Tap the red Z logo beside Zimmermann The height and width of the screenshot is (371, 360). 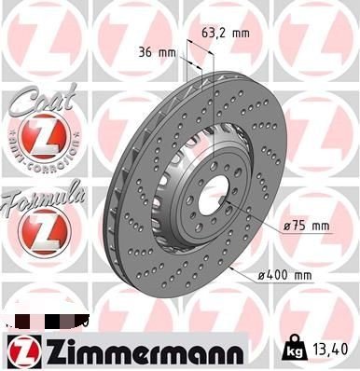click(x=21, y=350)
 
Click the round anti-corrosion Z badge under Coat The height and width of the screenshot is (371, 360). click(x=39, y=140)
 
